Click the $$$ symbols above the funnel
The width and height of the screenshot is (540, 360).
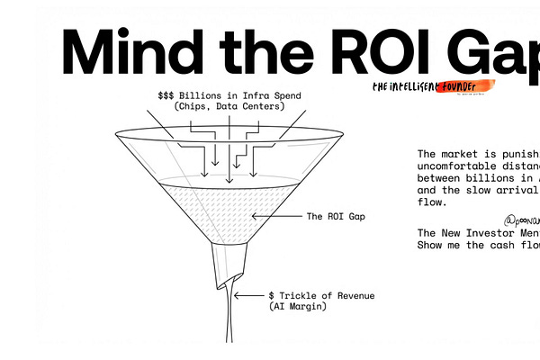[x=167, y=94]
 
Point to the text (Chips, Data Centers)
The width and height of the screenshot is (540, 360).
[x=229, y=106]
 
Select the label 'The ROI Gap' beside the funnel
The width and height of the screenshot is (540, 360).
[x=335, y=216]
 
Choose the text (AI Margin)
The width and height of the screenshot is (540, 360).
[x=298, y=307]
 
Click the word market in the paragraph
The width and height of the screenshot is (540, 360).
[x=464, y=155]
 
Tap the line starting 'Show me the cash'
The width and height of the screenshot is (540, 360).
[x=477, y=245]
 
